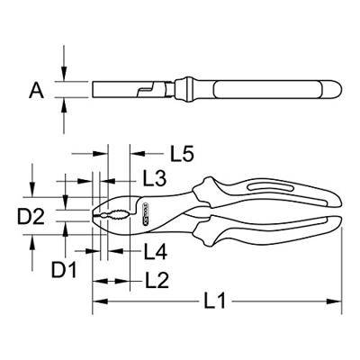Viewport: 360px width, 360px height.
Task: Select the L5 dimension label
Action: [159, 154]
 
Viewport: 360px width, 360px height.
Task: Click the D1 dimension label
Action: [63, 268]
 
